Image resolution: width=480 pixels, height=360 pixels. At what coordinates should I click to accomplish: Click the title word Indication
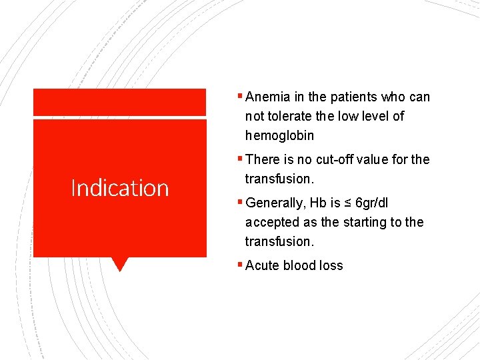pyautogui.click(x=120, y=188)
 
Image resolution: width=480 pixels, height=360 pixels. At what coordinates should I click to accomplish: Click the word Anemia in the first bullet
pyautogui.click(x=267, y=97)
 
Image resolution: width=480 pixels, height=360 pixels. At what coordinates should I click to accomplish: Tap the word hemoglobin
pyautogui.click(x=279, y=136)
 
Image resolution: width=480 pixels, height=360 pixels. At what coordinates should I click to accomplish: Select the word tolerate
pyautogui.click(x=289, y=117)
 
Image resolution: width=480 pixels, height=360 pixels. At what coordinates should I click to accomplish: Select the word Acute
pyautogui.click(x=263, y=265)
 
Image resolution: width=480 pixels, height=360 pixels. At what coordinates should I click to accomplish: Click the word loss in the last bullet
pyautogui.click(x=331, y=265)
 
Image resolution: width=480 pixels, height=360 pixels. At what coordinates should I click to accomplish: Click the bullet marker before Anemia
pyautogui.click(x=241, y=97)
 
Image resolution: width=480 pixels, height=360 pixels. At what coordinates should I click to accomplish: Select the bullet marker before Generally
pyautogui.click(x=241, y=203)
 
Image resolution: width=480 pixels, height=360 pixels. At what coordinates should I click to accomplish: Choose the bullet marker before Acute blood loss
pyautogui.click(x=241, y=265)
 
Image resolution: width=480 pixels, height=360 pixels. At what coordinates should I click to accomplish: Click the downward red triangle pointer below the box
pyautogui.click(x=119, y=264)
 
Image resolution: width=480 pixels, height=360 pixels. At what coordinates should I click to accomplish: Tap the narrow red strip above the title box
pyautogui.click(x=119, y=102)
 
